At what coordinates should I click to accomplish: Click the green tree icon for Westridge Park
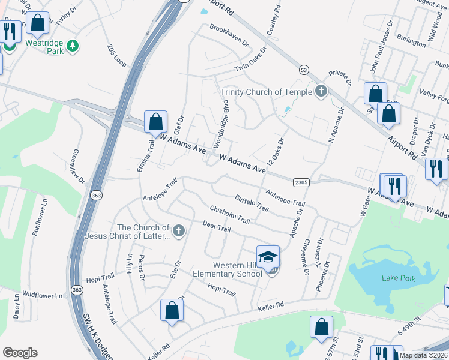(x=73, y=46)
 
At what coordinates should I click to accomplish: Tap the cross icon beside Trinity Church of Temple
(x=321, y=91)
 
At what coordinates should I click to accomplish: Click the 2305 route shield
(x=301, y=182)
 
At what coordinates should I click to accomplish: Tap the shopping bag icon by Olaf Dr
(x=155, y=122)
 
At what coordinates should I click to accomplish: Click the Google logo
(x=19, y=353)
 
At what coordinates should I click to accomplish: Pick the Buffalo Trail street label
(x=252, y=202)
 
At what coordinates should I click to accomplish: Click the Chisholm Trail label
(x=229, y=214)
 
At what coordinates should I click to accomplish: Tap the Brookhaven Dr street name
(x=228, y=35)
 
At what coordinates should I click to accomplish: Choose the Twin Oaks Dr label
(x=250, y=59)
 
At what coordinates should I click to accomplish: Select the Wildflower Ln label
(x=42, y=296)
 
